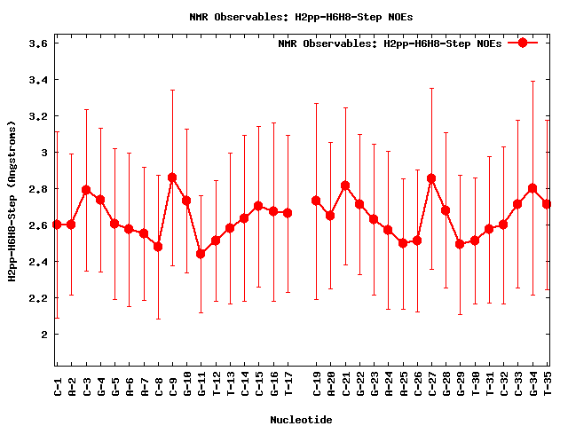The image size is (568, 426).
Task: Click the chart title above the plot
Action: [x=301, y=17]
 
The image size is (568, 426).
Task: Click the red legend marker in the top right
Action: [x=523, y=43]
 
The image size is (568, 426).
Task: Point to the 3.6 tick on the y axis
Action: [x=35, y=43]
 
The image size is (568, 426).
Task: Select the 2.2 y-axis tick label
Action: [x=35, y=298]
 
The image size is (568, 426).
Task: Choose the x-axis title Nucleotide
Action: [x=301, y=420]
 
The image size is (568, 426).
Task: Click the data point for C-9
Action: [x=172, y=177]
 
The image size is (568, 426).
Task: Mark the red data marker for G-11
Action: [x=201, y=254]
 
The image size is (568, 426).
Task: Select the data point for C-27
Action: [x=431, y=178]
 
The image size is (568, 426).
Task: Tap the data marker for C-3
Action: [x=86, y=190]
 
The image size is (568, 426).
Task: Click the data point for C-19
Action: [x=316, y=201]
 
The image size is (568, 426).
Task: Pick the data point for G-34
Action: [x=532, y=188]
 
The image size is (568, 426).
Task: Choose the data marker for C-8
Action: [x=158, y=247]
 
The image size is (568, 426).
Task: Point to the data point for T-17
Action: [x=288, y=213]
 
